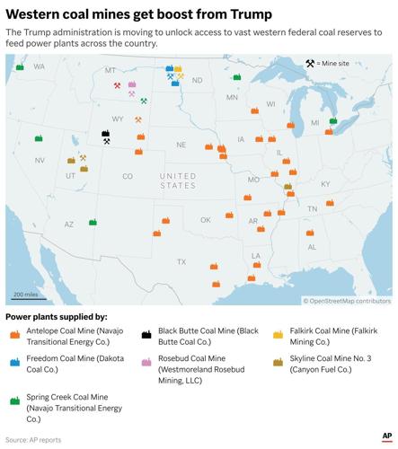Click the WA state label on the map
(39, 67)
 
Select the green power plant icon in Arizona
(93, 222)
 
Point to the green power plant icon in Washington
(20, 67)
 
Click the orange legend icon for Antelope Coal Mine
(13, 335)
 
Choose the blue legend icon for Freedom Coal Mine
(13, 364)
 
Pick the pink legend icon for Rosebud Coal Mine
(146, 364)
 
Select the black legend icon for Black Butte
(146, 335)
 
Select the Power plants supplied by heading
(56, 317)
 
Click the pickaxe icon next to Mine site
(310, 63)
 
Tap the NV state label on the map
(40, 160)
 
